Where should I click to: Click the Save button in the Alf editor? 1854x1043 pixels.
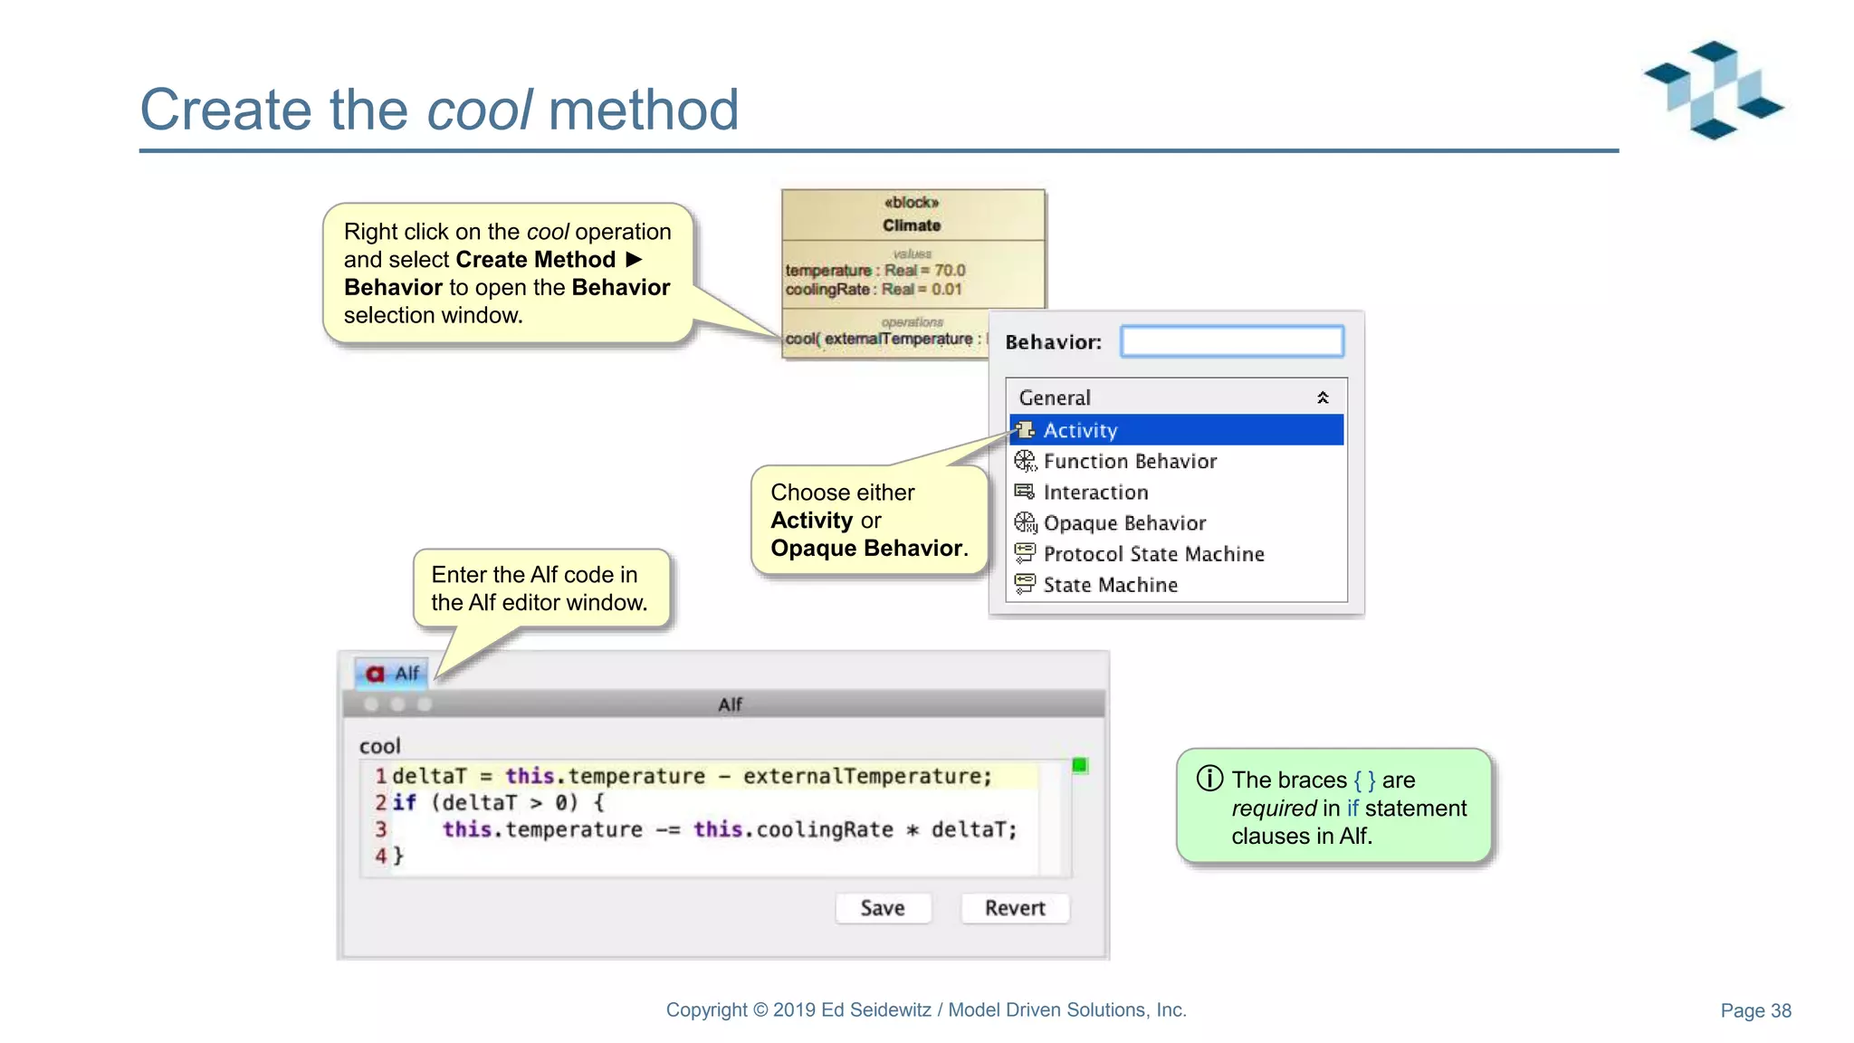[882, 907]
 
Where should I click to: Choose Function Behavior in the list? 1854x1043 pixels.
[1129, 461]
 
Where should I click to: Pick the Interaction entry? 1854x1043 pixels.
[1094, 492]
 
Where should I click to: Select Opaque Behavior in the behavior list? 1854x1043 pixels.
[1123, 522]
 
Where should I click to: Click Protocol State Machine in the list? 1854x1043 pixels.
[1152, 553]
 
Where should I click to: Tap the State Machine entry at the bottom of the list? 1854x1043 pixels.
[1110, 584]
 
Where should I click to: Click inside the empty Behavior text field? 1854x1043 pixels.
[1231, 341]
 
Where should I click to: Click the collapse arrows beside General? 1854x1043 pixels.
[1323, 397]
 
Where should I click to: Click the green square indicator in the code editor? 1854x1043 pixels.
[1079, 766]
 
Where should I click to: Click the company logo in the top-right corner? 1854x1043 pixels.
[1713, 90]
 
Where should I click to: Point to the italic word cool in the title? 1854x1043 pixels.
[479, 110]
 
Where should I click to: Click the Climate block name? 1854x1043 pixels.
[912, 225]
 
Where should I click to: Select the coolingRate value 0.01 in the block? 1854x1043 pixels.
[946, 290]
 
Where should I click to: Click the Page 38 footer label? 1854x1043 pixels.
[1755, 1010]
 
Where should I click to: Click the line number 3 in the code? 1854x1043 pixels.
[381, 829]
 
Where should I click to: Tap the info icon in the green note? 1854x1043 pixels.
[1209, 779]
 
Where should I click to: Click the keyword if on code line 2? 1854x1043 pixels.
[404, 802]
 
